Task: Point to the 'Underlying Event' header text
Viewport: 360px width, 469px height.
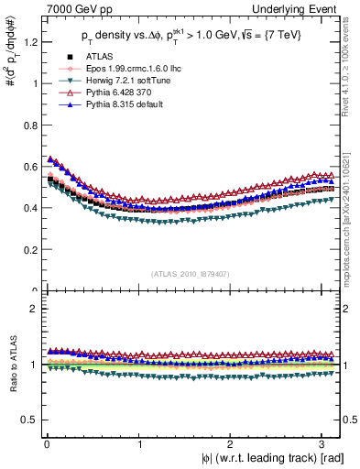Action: pos(301,9)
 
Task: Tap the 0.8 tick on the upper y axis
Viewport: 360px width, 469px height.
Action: pos(28,125)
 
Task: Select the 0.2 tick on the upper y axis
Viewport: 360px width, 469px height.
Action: pos(28,249)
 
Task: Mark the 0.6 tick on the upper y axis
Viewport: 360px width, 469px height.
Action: pos(28,166)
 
